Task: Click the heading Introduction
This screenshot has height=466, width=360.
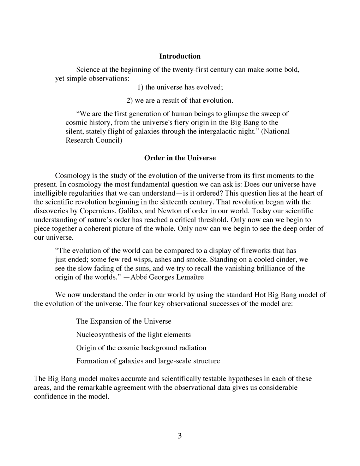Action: [x=180, y=56]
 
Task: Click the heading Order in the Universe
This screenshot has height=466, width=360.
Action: [x=180, y=158]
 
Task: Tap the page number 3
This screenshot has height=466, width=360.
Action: [x=180, y=436]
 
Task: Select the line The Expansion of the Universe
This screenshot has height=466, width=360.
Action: [x=124, y=321]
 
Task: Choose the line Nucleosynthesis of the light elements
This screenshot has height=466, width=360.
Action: [x=133, y=334]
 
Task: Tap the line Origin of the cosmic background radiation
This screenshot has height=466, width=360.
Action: [x=141, y=348]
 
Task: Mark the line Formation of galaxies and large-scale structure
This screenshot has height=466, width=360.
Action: [x=148, y=361]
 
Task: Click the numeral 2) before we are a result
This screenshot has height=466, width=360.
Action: [x=130, y=100]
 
